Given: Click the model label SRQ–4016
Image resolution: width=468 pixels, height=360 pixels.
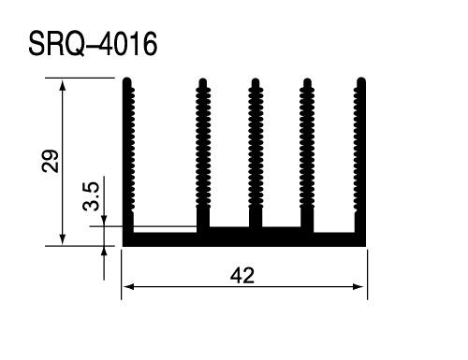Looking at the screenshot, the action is tap(93, 44).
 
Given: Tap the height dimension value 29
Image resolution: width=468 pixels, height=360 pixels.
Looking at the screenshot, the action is tap(50, 161).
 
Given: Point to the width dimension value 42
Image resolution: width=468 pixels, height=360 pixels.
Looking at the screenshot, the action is tap(242, 275).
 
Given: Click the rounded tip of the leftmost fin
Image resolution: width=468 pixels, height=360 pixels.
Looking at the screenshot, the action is tap(127, 80).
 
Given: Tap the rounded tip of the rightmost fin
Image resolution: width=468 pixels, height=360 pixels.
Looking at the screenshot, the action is tap(361, 80).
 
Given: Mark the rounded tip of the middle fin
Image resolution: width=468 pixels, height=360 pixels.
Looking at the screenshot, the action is tap(256, 81).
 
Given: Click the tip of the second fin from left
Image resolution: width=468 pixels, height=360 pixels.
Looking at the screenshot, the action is tap(203, 81).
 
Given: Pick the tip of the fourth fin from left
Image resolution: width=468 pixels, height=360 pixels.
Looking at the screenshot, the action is tap(307, 81).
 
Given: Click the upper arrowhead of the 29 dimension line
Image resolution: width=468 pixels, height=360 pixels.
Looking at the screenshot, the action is tap(63, 83).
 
